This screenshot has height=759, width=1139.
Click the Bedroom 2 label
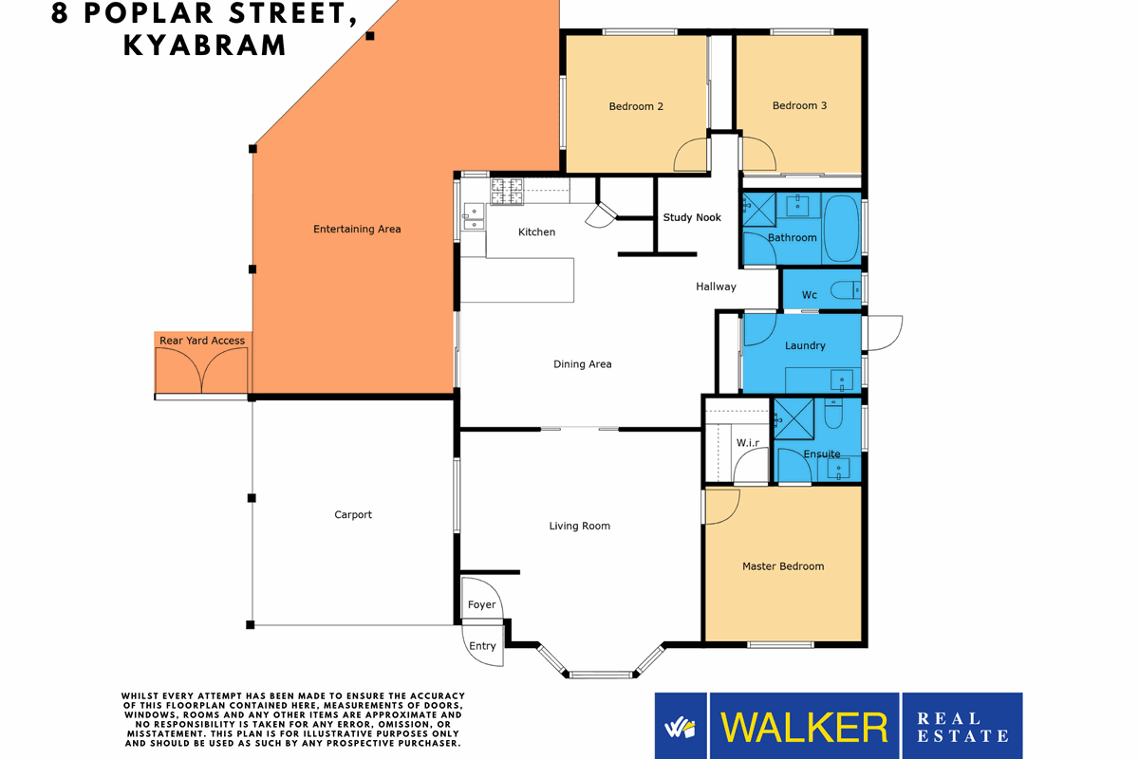(x=636, y=106)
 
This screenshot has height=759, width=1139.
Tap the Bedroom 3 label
(x=799, y=105)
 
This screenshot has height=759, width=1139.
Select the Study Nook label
(x=692, y=217)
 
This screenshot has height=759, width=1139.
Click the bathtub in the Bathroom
(x=840, y=229)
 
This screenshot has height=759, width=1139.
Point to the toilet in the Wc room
(x=844, y=291)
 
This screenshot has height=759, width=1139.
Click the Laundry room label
(x=805, y=346)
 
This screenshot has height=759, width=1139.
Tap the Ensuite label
(x=821, y=454)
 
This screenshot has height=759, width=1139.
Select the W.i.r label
(x=748, y=443)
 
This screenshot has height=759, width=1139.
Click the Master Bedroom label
(x=783, y=566)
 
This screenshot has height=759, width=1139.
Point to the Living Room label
(x=579, y=526)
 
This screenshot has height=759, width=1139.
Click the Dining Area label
(x=582, y=364)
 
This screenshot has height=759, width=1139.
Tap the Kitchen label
(x=536, y=232)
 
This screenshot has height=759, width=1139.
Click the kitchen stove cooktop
(x=506, y=191)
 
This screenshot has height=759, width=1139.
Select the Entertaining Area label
(x=357, y=229)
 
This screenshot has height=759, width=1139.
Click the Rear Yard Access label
(x=202, y=341)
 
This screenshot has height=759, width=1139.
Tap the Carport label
(x=353, y=515)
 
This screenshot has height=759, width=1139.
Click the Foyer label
(x=481, y=604)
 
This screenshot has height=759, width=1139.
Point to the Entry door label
(x=482, y=646)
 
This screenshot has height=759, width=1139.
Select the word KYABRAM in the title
(x=205, y=45)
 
